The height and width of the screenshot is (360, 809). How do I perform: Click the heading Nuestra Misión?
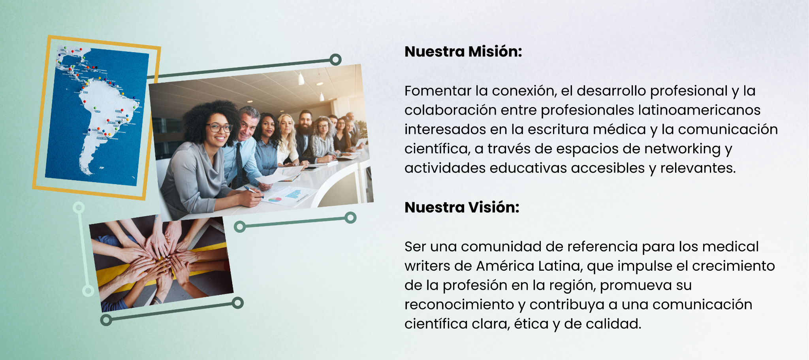(463, 52)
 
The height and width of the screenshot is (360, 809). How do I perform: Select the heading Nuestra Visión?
(461, 207)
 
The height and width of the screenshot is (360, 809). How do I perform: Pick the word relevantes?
(698, 168)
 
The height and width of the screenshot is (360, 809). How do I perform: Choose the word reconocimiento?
(461, 305)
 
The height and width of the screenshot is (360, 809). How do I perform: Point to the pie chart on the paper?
(275, 200)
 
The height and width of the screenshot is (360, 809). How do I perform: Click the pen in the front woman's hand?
(253, 191)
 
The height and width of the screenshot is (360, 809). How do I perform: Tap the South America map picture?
(97, 117)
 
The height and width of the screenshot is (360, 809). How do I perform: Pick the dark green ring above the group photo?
(335, 60)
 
